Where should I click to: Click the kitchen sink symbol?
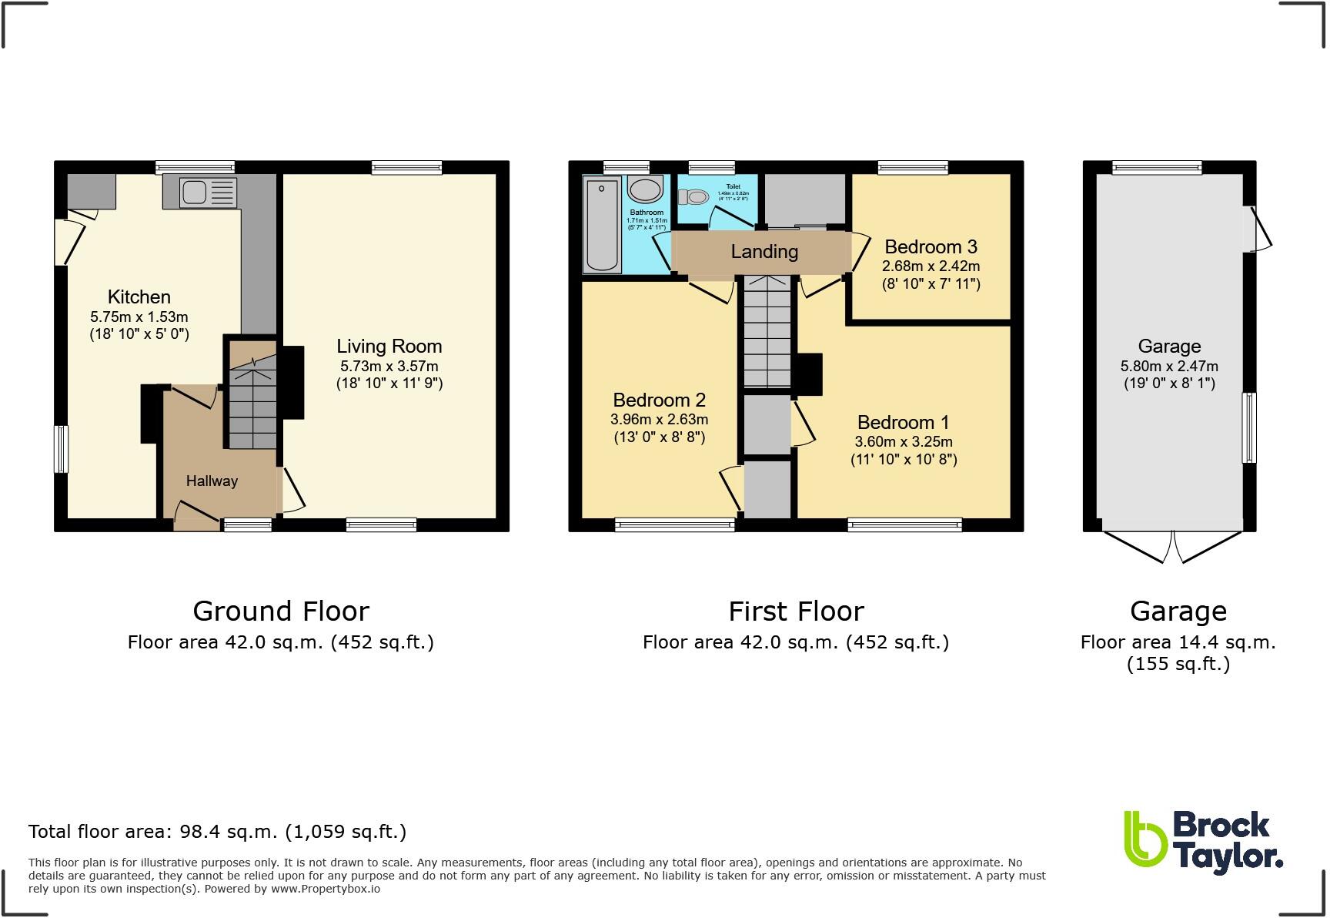pyautogui.click(x=208, y=192)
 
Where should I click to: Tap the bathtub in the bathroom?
pyautogui.click(x=602, y=224)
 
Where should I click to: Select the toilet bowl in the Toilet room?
pyautogui.click(x=694, y=197)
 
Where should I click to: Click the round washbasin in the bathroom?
pyautogui.click(x=645, y=189)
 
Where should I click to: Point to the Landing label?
pyautogui.click(x=764, y=252)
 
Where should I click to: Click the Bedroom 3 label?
pyautogui.click(x=931, y=247)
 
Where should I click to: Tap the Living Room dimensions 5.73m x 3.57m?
pyautogui.click(x=389, y=367)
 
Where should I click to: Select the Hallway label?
pyautogui.click(x=212, y=481)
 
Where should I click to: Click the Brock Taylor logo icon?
pyautogui.click(x=1145, y=844)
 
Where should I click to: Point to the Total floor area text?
pyautogui.click(x=217, y=832)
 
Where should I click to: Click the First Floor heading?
pyautogui.click(x=796, y=611)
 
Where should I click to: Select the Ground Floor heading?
pyautogui.click(x=281, y=611)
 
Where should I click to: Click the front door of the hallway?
pyautogui.click(x=196, y=518)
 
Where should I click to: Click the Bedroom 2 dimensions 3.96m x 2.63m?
pyautogui.click(x=659, y=420)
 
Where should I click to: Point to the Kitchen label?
pyautogui.click(x=139, y=297)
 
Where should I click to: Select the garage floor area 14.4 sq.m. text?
pyautogui.click(x=1178, y=642)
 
